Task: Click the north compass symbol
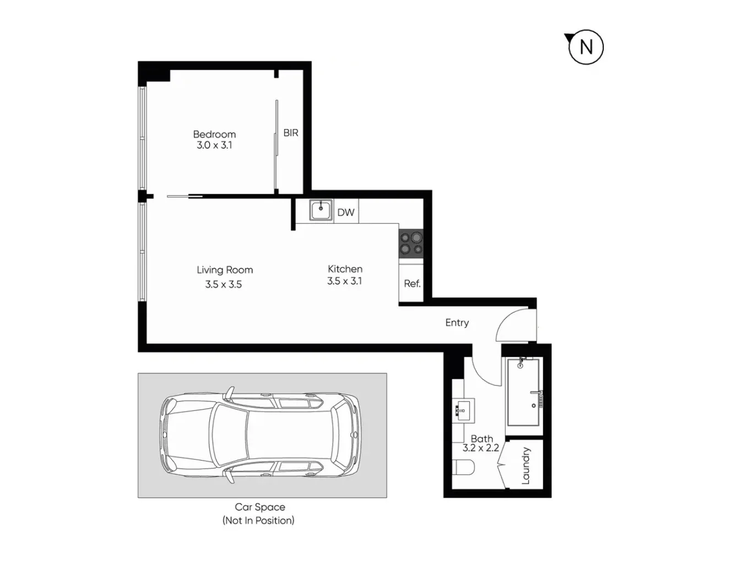coord(586,47)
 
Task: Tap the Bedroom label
coord(214,134)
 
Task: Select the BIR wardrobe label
coord(291,133)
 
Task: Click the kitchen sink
coord(321,211)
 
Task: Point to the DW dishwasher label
coord(346,212)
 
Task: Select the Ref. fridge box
coord(411,283)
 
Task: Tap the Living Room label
coord(225,270)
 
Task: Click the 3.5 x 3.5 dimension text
coord(223,284)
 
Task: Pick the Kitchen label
coord(345,269)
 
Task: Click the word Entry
coord(457,322)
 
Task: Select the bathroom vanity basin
coord(461,410)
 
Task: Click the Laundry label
coord(526,466)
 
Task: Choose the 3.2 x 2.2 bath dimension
coord(480,448)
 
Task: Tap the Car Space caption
coord(260,507)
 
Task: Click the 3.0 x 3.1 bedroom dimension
coord(214,146)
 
